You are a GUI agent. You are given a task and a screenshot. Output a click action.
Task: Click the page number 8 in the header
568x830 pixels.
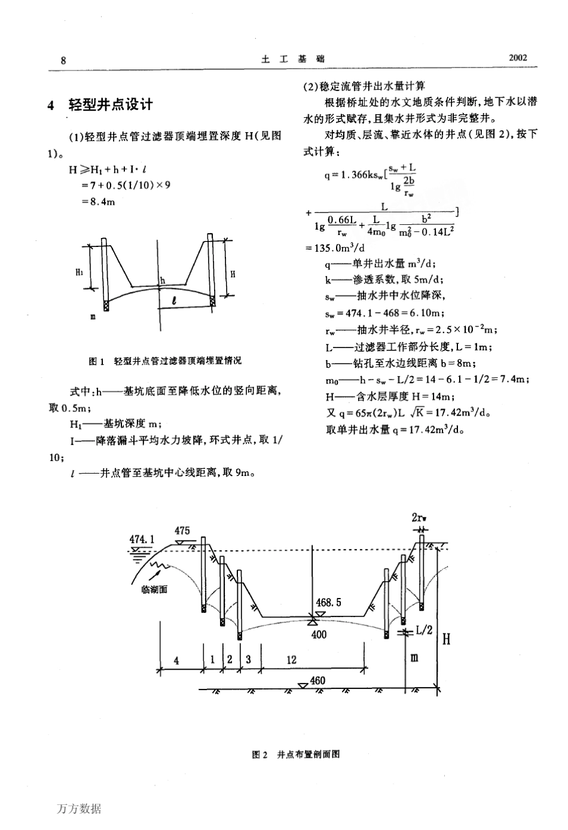(x=63, y=60)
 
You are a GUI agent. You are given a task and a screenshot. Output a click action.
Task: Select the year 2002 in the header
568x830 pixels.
(x=517, y=58)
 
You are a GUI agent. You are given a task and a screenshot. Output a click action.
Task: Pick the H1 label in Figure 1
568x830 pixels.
(x=80, y=272)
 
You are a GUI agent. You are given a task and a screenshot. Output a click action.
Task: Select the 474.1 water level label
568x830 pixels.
(x=142, y=539)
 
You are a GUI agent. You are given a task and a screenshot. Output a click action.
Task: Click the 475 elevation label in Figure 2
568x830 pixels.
(x=182, y=530)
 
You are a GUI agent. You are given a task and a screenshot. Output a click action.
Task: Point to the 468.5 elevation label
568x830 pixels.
(x=328, y=602)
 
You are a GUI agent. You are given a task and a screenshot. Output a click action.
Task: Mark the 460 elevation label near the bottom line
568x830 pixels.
(x=318, y=681)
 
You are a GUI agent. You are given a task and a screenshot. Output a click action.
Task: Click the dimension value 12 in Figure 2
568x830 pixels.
(x=291, y=660)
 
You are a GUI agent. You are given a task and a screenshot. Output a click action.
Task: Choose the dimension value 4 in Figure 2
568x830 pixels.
(x=176, y=660)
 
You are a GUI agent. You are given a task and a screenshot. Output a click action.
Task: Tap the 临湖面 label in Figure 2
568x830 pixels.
(x=155, y=589)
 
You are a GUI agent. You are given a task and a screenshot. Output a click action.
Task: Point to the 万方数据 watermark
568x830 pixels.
(x=80, y=809)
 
